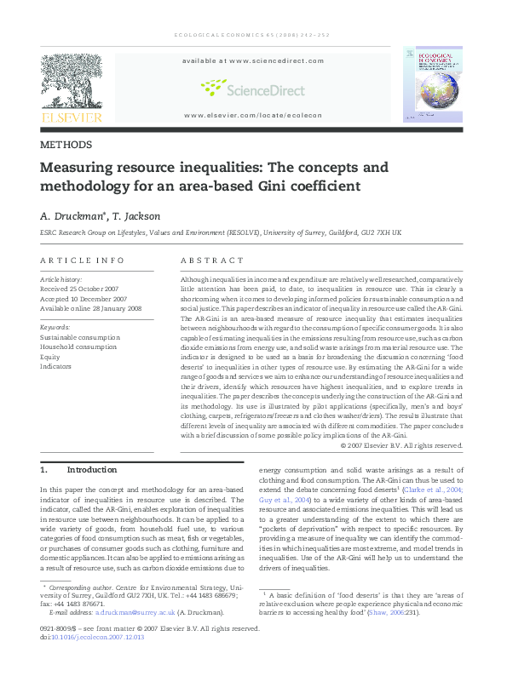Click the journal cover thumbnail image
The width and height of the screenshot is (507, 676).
click(x=434, y=84)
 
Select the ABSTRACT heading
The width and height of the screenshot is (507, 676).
click(x=212, y=261)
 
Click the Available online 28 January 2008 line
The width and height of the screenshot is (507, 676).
click(x=89, y=308)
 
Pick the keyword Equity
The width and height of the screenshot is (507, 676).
click(x=51, y=357)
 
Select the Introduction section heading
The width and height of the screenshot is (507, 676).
click(x=91, y=469)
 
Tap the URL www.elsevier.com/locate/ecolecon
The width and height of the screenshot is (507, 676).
click(x=252, y=114)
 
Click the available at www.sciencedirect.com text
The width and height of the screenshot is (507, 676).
click(x=252, y=61)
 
